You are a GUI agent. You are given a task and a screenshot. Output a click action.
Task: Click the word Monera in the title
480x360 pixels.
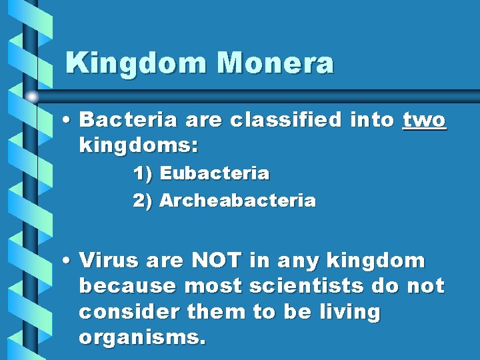(275, 63)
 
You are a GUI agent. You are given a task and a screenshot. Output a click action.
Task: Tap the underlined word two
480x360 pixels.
(425, 120)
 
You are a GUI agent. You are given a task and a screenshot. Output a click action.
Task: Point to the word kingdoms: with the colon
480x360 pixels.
(139, 145)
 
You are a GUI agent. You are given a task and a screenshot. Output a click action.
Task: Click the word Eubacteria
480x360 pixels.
(215, 174)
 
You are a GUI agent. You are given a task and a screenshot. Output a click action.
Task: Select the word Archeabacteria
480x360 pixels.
(238, 201)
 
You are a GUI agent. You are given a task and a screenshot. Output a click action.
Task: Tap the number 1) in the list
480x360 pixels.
(143, 174)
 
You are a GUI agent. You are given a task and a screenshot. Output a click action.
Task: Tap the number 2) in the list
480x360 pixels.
(143, 201)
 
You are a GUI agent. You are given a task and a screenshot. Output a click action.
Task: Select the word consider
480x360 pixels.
(127, 312)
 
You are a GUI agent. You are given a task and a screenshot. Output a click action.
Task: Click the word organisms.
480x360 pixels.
(142, 338)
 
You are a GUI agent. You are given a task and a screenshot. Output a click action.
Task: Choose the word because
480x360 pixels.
(127, 286)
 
